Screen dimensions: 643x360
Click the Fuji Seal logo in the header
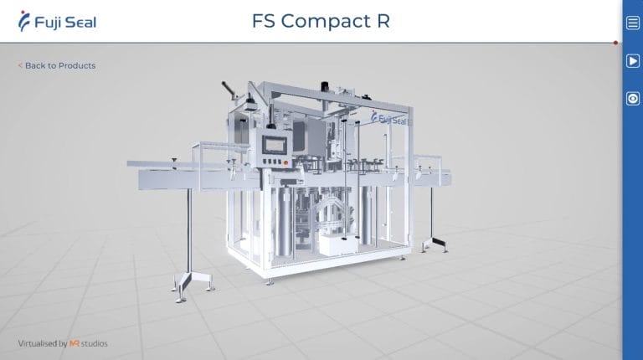point(58,21)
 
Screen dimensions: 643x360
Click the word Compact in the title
point(326,21)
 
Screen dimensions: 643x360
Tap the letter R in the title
point(383,21)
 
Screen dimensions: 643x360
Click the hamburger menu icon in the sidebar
point(633,23)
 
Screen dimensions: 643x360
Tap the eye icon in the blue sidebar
point(633,99)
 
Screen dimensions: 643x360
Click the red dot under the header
point(615,43)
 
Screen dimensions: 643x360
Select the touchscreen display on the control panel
point(275,145)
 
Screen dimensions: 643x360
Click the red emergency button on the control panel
point(285,162)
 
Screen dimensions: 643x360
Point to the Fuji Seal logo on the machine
point(388,118)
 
